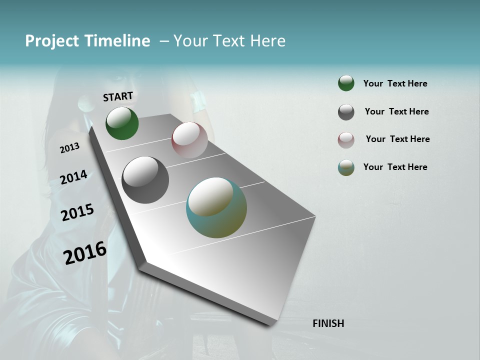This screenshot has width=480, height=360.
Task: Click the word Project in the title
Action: coord(52,41)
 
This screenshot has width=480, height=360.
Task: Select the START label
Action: coord(118,96)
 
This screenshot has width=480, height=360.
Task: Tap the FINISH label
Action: coord(328,323)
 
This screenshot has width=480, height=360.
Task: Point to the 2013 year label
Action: coord(70,148)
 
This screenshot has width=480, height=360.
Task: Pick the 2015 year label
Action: coord(77,212)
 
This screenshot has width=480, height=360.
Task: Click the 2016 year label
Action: coord(85,253)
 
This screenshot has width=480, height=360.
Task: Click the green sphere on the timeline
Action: coord(122,123)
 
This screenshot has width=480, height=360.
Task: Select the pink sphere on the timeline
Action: coord(189,140)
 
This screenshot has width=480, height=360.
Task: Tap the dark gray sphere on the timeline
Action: coord(145,180)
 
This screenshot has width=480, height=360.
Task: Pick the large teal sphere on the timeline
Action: coord(216,207)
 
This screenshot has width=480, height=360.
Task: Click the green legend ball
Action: coord(346,83)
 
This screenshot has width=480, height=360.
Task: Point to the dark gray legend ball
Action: coord(346,112)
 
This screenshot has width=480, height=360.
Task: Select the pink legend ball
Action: coord(346,139)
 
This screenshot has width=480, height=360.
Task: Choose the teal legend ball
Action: coord(346,167)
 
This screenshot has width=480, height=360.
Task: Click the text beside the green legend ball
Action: coord(395,83)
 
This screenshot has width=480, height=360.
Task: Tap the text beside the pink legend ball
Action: coord(397,139)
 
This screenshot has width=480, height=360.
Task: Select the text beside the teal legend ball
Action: coord(395,167)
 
